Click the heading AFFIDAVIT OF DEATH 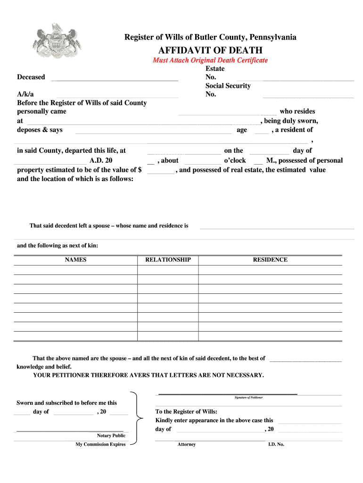210,50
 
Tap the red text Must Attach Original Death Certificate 210,60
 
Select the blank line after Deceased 115,78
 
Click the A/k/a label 25,94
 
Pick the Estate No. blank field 308,78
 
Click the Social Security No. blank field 308,95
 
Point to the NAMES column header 75,260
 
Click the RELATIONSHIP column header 168,260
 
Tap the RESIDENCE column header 270,260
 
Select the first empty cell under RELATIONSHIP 168,270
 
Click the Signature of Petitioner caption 248,398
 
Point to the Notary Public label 111,435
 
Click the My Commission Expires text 100,444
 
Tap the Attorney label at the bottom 186,444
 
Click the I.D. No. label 276,444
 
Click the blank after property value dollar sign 161,171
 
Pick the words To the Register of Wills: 186,411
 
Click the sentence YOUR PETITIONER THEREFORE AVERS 148,375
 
